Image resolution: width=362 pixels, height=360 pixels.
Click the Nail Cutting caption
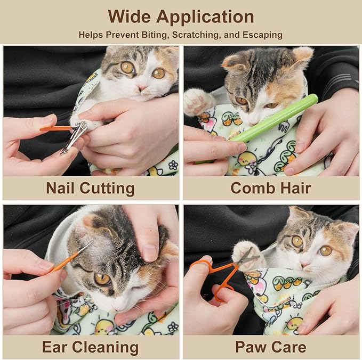[90, 188]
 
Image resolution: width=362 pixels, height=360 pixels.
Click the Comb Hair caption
[271, 188]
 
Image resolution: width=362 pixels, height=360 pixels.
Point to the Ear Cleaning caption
[90, 347]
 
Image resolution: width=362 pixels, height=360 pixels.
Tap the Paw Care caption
[271, 347]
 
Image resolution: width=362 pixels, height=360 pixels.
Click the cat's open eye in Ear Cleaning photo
[102, 279]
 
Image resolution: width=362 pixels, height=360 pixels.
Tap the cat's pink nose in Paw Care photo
[305, 263]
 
